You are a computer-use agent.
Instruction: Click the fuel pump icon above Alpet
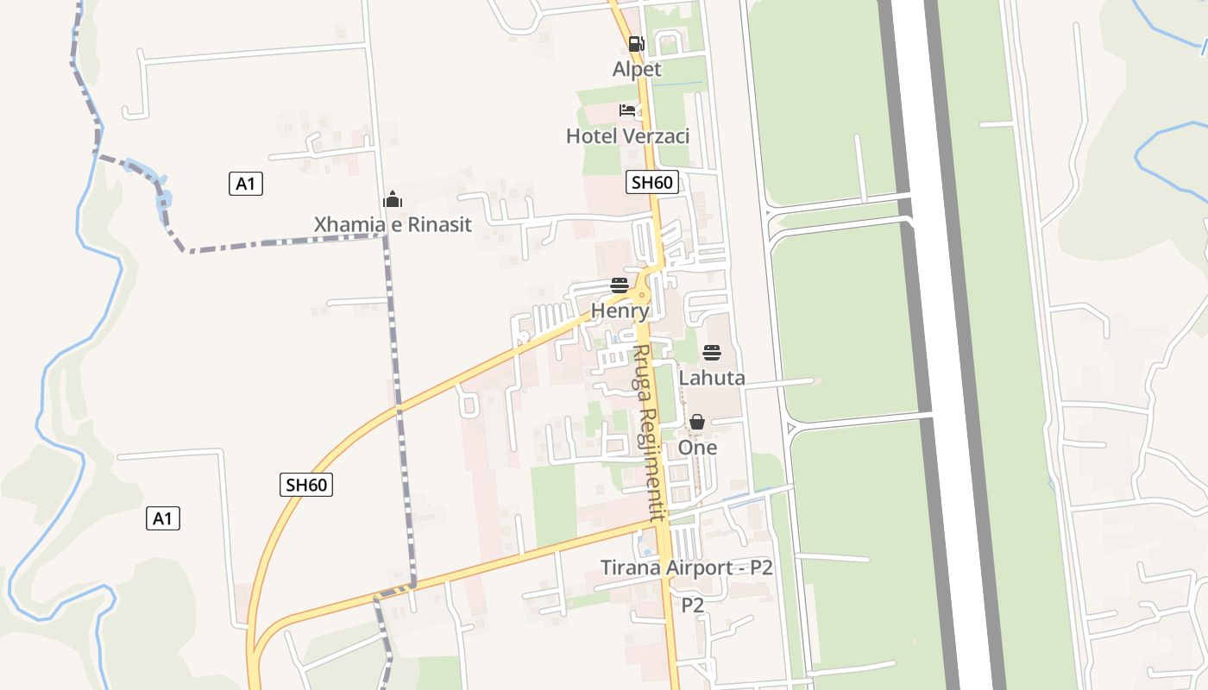(x=636, y=44)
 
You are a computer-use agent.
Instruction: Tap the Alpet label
(x=637, y=69)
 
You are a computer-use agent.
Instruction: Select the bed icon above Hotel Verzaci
(x=627, y=110)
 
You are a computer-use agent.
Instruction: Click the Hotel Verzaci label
(x=627, y=135)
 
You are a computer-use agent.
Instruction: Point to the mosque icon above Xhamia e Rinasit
(x=393, y=200)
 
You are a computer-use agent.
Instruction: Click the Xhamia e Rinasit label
(x=393, y=225)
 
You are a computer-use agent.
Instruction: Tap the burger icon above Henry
(x=620, y=285)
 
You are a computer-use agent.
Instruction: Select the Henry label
(x=620, y=310)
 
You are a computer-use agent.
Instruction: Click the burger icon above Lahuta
(x=712, y=353)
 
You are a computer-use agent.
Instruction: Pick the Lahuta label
(x=712, y=378)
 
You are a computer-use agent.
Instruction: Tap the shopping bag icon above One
(x=697, y=422)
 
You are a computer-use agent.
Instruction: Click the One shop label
(x=697, y=448)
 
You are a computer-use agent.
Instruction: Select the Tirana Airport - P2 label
(x=686, y=568)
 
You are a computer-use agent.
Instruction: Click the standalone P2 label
(x=693, y=605)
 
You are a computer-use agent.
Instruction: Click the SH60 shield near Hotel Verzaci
(x=651, y=182)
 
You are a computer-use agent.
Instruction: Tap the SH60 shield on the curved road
(x=306, y=485)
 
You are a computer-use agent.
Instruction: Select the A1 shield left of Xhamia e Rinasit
(x=246, y=183)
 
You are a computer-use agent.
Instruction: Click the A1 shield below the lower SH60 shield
(x=162, y=518)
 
